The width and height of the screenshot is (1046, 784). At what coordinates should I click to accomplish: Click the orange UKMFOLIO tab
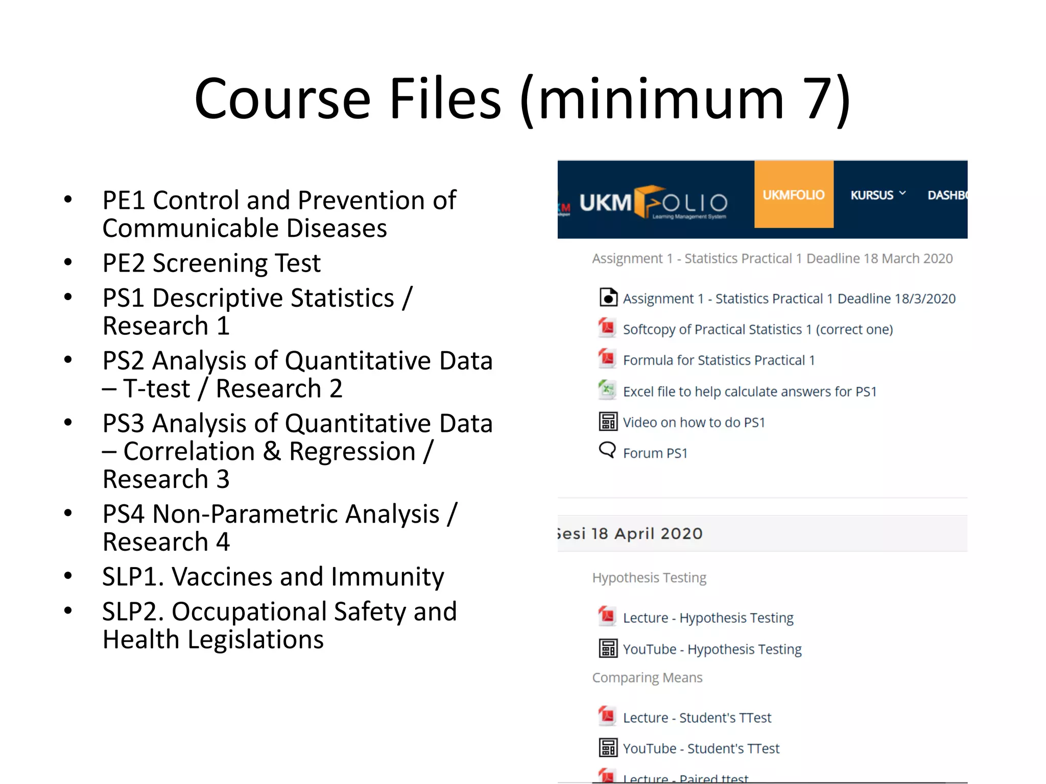[x=793, y=194]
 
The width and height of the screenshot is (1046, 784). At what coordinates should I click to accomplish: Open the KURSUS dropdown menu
[x=877, y=195]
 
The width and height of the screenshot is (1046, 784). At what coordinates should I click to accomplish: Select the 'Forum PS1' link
[x=655, y=453]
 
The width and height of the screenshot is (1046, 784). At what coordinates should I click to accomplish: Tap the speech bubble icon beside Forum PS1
[x=607, y=450]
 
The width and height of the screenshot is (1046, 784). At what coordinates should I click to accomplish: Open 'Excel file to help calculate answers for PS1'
[x=750, y=391]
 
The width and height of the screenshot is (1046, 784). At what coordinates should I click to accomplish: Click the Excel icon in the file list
[x=607, y=390]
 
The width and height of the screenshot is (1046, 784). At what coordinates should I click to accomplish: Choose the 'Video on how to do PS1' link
[x=694, y=423]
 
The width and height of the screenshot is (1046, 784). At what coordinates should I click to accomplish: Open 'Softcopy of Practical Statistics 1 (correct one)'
[x=758, y=330]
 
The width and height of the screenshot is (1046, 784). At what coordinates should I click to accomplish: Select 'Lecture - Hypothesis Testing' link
[x=708, y=618]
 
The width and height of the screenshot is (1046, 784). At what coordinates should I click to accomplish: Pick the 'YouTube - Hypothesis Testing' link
[x=712, y=649]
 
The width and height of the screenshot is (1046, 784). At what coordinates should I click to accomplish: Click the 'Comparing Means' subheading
[x=647, y=678]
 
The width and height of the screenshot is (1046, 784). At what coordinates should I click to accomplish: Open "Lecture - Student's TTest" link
[x=697, y=718]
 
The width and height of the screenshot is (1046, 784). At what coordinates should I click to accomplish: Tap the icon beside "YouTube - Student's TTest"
[x=608, y=748]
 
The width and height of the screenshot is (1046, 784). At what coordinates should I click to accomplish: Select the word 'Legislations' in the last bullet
[x=255, y=640]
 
